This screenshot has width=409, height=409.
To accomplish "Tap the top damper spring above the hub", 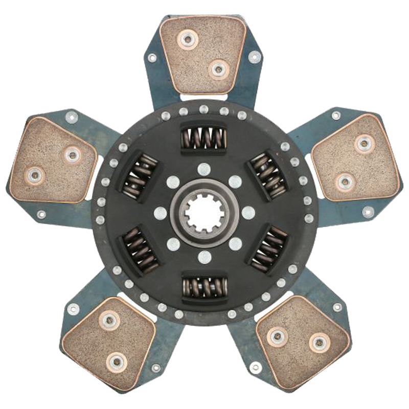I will pyautogui.click(x=203, y=138).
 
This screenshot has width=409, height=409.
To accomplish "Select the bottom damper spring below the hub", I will pyautogui.click(x=204, y=287).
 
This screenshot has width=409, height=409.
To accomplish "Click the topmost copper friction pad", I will pyautogui.click(x=202, y=54).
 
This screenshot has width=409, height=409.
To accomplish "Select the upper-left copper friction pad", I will pyautogui.click(x=53, y=160).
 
